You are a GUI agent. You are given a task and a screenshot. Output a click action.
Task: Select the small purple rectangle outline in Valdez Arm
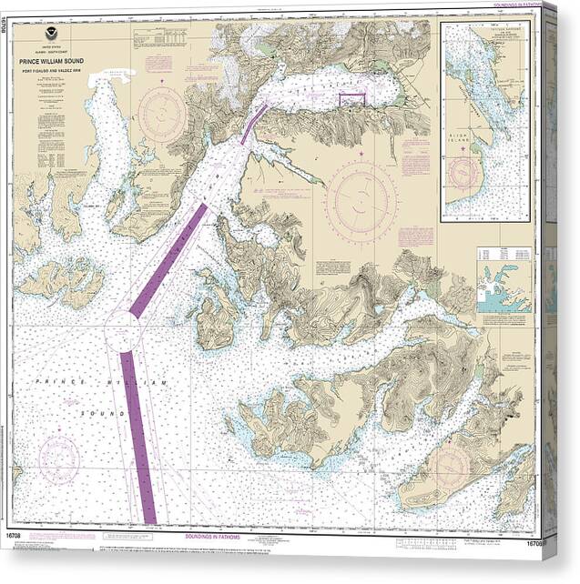coord(351,99)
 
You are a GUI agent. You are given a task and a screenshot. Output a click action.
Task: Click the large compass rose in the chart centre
coord(361,201)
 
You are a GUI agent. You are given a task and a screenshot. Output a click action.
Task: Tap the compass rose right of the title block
coord(162,115)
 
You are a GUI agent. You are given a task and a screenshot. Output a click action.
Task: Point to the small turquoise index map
coord(504,291)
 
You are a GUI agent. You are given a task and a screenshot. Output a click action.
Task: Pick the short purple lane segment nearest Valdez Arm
coord(254,124)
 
